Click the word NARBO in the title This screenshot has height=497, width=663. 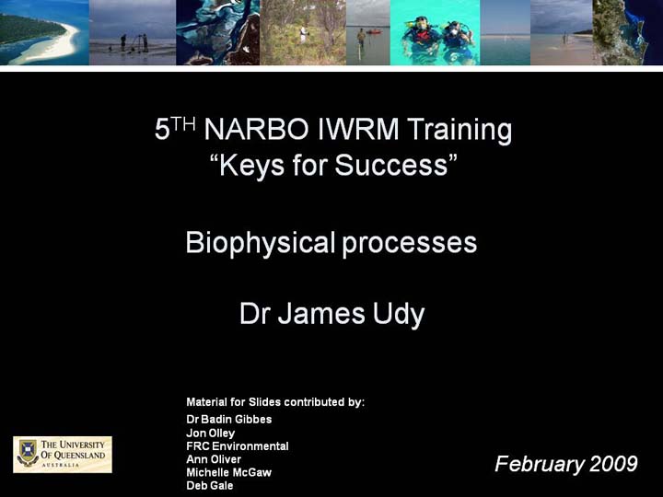(x=256, y=130)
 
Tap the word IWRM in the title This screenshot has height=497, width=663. (x=357, y=130)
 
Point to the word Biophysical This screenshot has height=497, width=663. (x=260, y=243)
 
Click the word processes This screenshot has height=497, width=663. (x=409, y=244)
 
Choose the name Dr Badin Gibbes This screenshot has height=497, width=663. (x=228, y=420)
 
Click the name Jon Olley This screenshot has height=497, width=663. (x=211, y=433)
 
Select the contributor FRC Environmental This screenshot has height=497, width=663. (x=238, y=445)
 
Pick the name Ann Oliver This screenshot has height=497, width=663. (x=214, y=459)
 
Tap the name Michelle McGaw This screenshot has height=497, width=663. (x=228, y=472)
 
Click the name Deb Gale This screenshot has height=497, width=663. (x=210, y=485)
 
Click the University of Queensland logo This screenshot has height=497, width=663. (x=63, y=455)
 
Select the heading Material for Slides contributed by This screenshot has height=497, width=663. (x=275, y=402)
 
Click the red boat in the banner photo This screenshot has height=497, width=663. (x=374, y=31)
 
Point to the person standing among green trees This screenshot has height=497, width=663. (x=303, y=34)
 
